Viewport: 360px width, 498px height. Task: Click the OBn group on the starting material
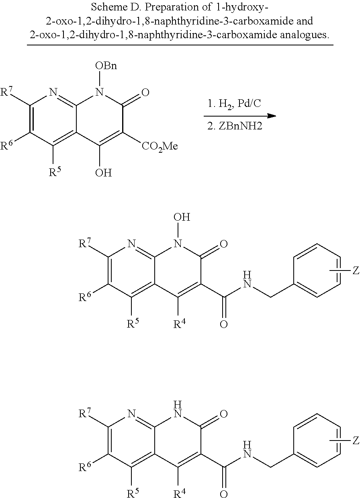coord(106,66)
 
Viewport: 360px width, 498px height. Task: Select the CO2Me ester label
coord(160,146)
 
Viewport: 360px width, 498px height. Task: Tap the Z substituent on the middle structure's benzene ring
coord(355,271)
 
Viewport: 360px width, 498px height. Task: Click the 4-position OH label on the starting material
coord(104,173)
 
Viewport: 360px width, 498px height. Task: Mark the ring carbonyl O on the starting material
coord(145,93)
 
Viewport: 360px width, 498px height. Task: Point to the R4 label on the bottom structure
coord(179,493)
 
